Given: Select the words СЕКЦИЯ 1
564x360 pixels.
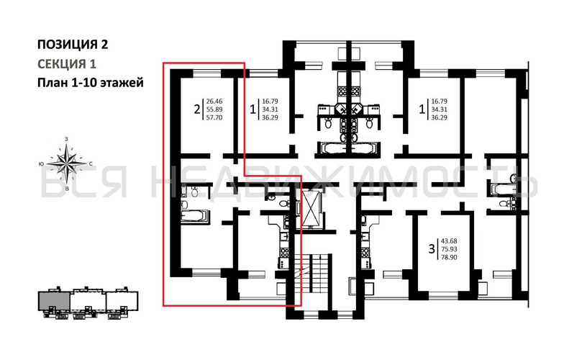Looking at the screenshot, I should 67,63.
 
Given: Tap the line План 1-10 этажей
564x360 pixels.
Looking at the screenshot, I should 90,83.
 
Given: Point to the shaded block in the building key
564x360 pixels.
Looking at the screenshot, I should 55,301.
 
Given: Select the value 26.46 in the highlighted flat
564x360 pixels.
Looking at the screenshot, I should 214,102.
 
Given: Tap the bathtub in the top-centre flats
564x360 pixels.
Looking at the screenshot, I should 346,149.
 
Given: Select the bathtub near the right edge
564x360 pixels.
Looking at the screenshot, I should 503,189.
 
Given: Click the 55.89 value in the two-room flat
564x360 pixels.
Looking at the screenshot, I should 214,109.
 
